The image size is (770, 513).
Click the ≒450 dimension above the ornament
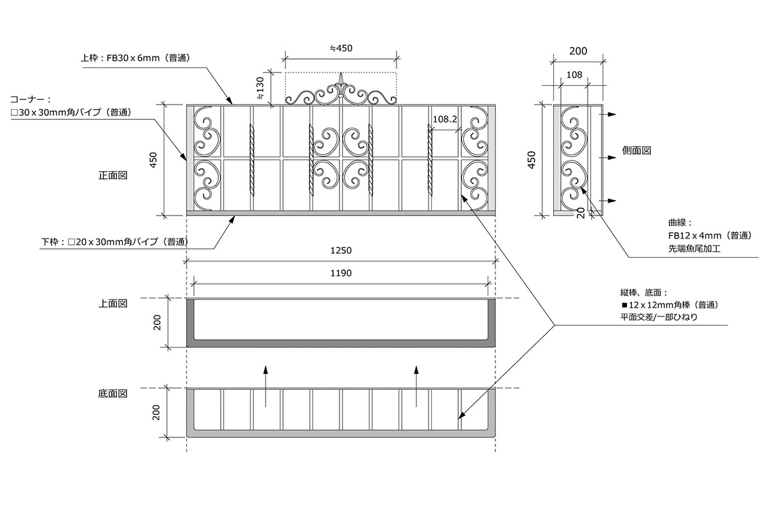click(341, 48)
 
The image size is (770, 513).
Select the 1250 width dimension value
click(341, 251)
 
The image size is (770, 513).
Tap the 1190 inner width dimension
click(341, 273)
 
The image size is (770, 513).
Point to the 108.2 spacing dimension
click(445, 119)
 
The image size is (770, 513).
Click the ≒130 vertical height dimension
click(261, 88)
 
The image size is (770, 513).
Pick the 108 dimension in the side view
click(574, 74)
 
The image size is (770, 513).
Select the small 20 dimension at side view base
click(581, 213)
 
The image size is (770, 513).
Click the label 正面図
click(113, 175)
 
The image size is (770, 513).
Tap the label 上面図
click(113, 303)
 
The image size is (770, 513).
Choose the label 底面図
click(113, 394)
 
